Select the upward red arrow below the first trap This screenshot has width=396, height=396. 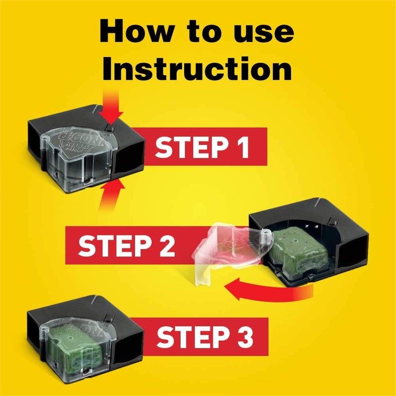click(110, 195)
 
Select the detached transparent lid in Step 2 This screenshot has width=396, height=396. click(228, 247)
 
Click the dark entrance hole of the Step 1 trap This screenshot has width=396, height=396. click(130, 158)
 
